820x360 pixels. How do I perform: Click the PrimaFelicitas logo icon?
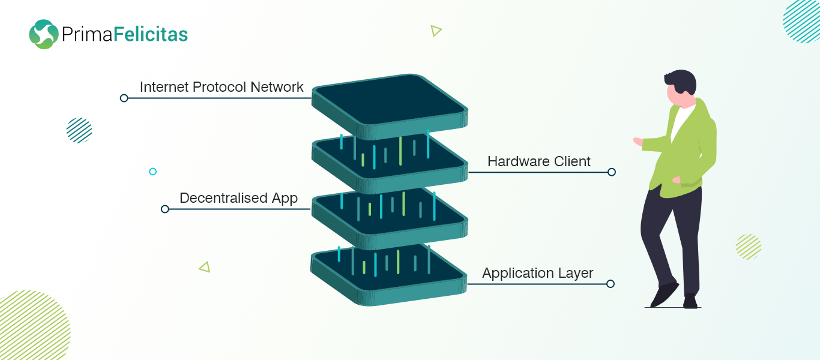point(43,34)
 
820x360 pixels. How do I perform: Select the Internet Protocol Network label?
point(222,87)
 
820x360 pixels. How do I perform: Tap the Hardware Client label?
point(538,161)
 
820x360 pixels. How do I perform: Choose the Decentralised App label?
point(238,198)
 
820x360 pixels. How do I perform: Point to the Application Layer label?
point(537,274)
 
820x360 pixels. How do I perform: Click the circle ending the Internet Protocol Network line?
point(124,98)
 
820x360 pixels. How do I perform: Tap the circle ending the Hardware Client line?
point(611,172)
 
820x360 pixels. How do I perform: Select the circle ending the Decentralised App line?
point(165,209)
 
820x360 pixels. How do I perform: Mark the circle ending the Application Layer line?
point(610,284)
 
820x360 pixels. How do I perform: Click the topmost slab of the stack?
point(389,102)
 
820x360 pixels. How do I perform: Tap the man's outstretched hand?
point(638,142)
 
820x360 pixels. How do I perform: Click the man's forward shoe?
point(663,295)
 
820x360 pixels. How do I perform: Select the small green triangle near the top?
point(436,31)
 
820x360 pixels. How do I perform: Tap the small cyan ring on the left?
point(152,172)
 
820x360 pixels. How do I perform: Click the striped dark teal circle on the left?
point(79,130)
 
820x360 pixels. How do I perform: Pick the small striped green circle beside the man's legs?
point(748,247)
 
